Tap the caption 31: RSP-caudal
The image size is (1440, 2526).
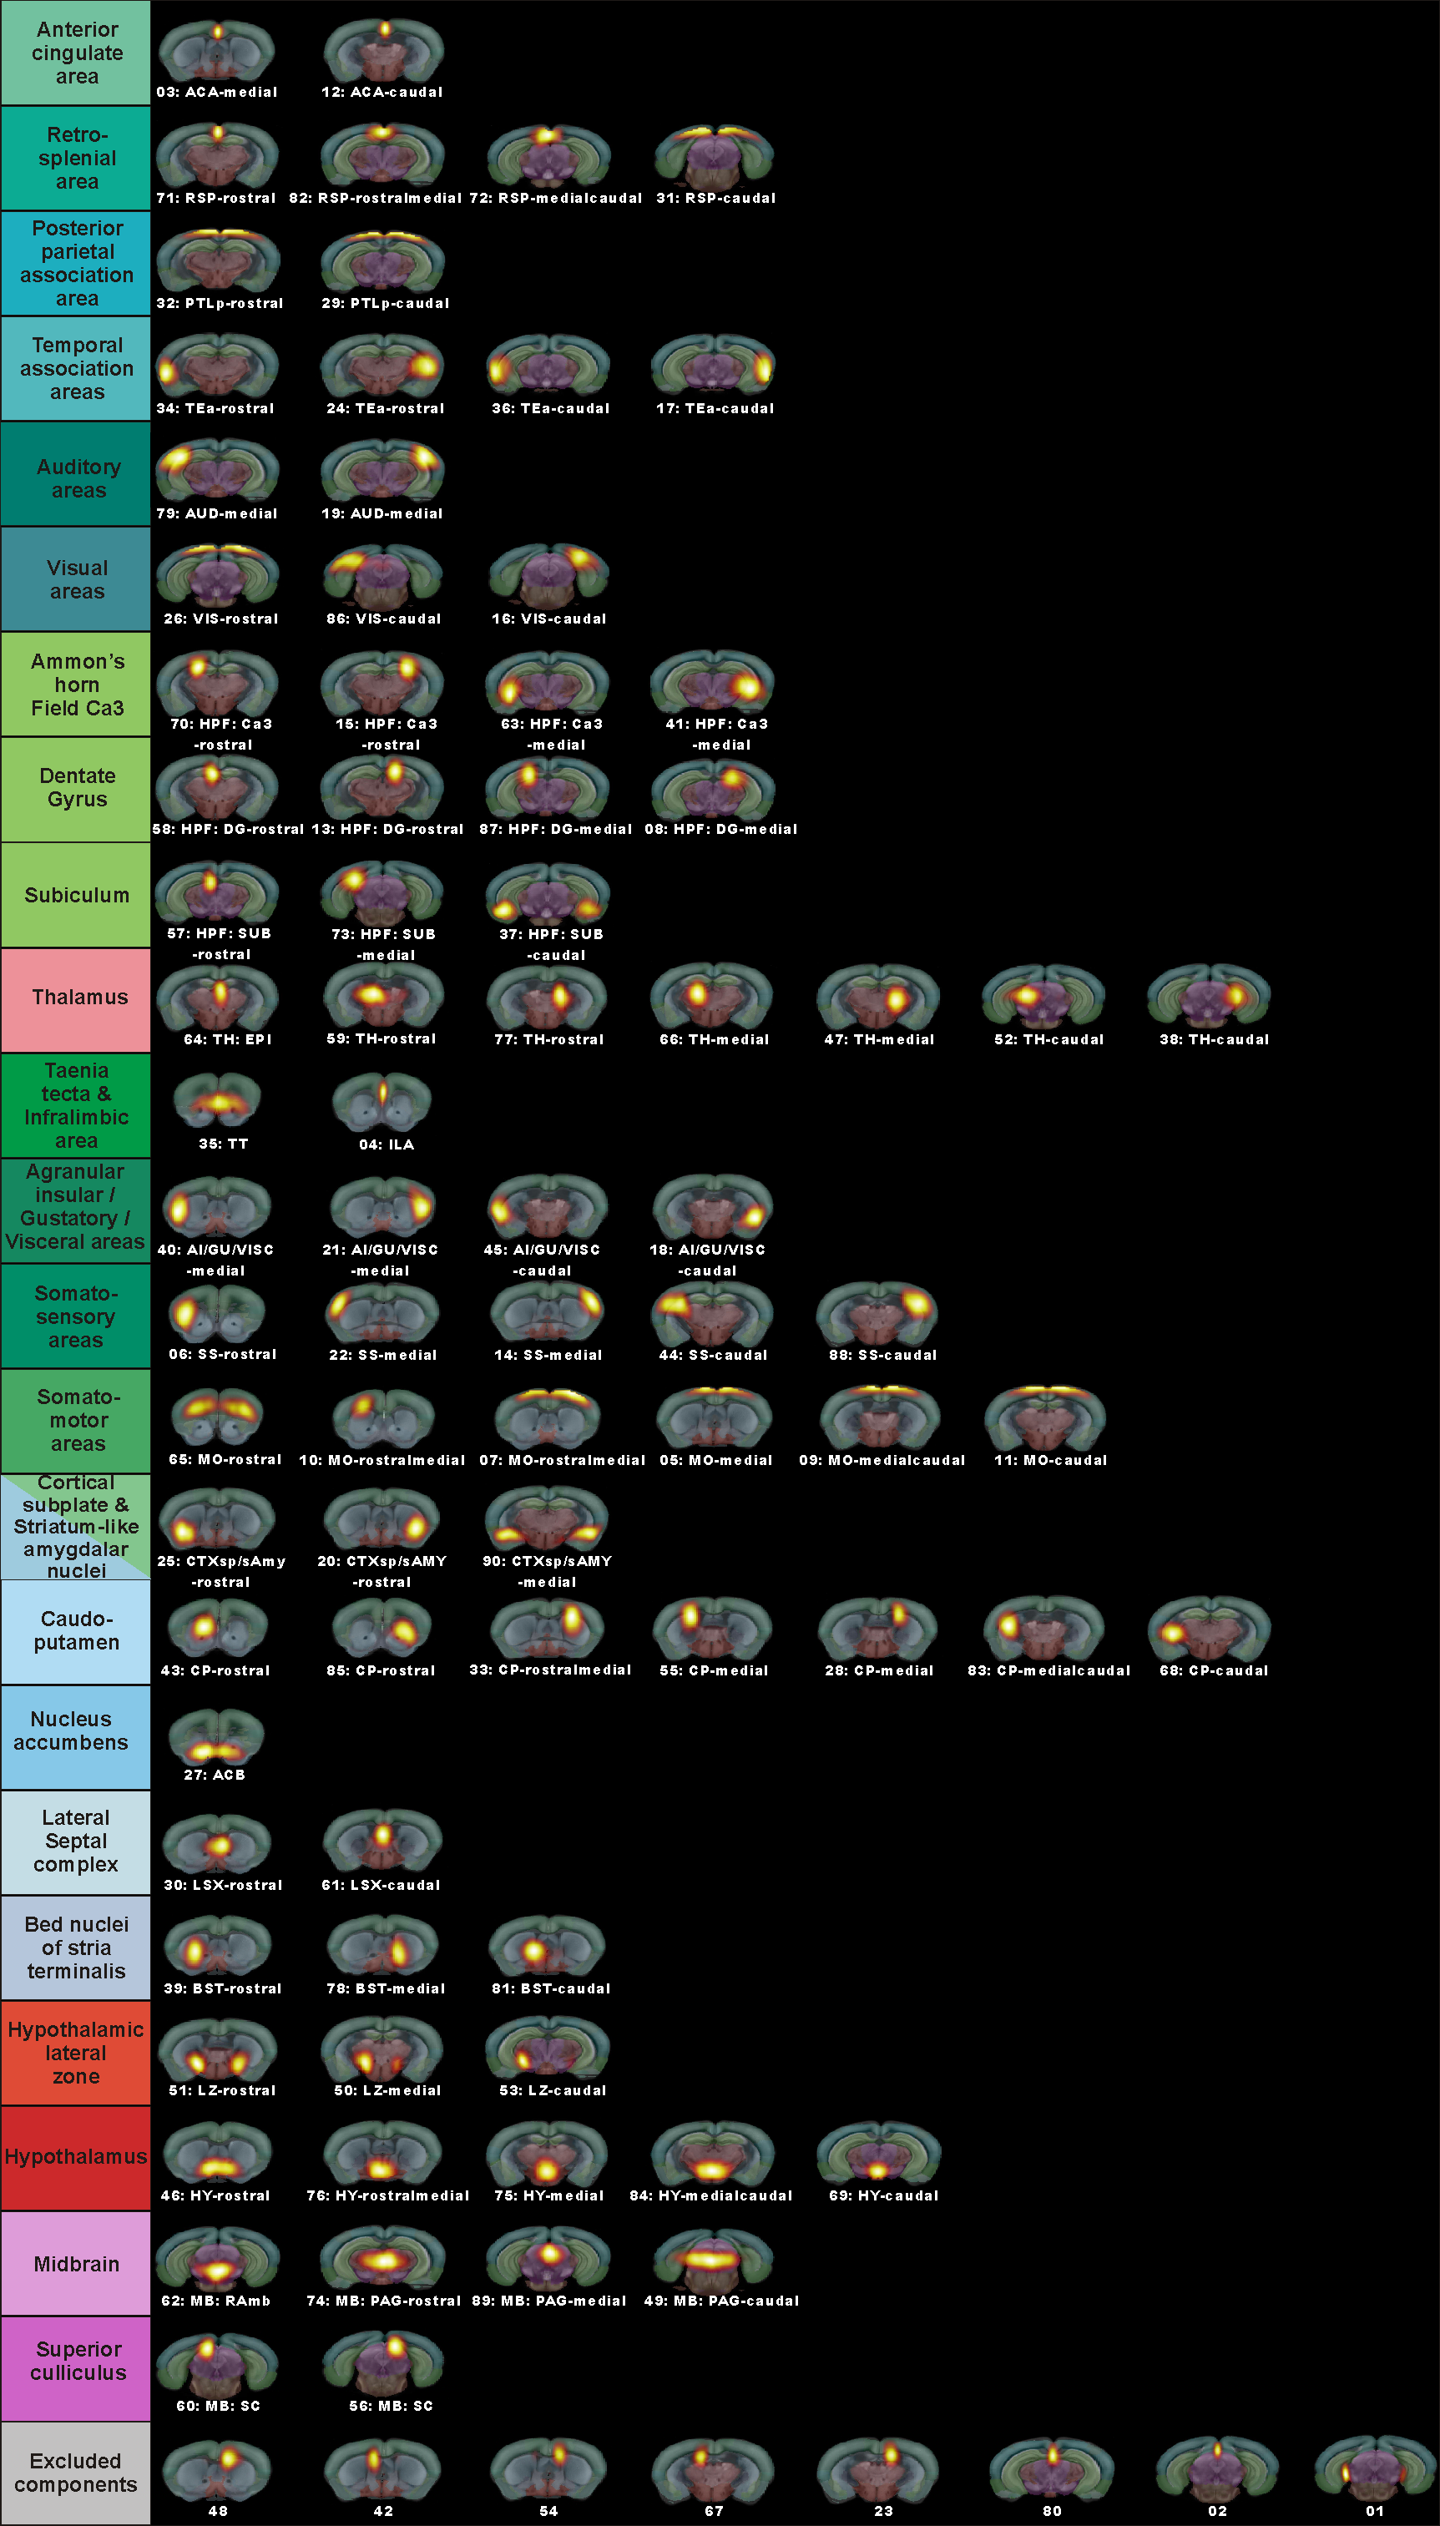[716, 198]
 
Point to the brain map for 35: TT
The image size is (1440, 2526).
[218, 1102]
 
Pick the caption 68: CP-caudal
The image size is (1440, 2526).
[1214, 1670]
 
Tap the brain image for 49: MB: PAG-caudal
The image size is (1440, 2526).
[713, 2260]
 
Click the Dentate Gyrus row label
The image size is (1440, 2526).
[76, 789]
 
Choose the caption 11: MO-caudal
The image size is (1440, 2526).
[1050, 1460]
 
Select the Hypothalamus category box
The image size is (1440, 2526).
[76, 2157]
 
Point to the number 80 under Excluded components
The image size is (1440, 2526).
[1053, 2511]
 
